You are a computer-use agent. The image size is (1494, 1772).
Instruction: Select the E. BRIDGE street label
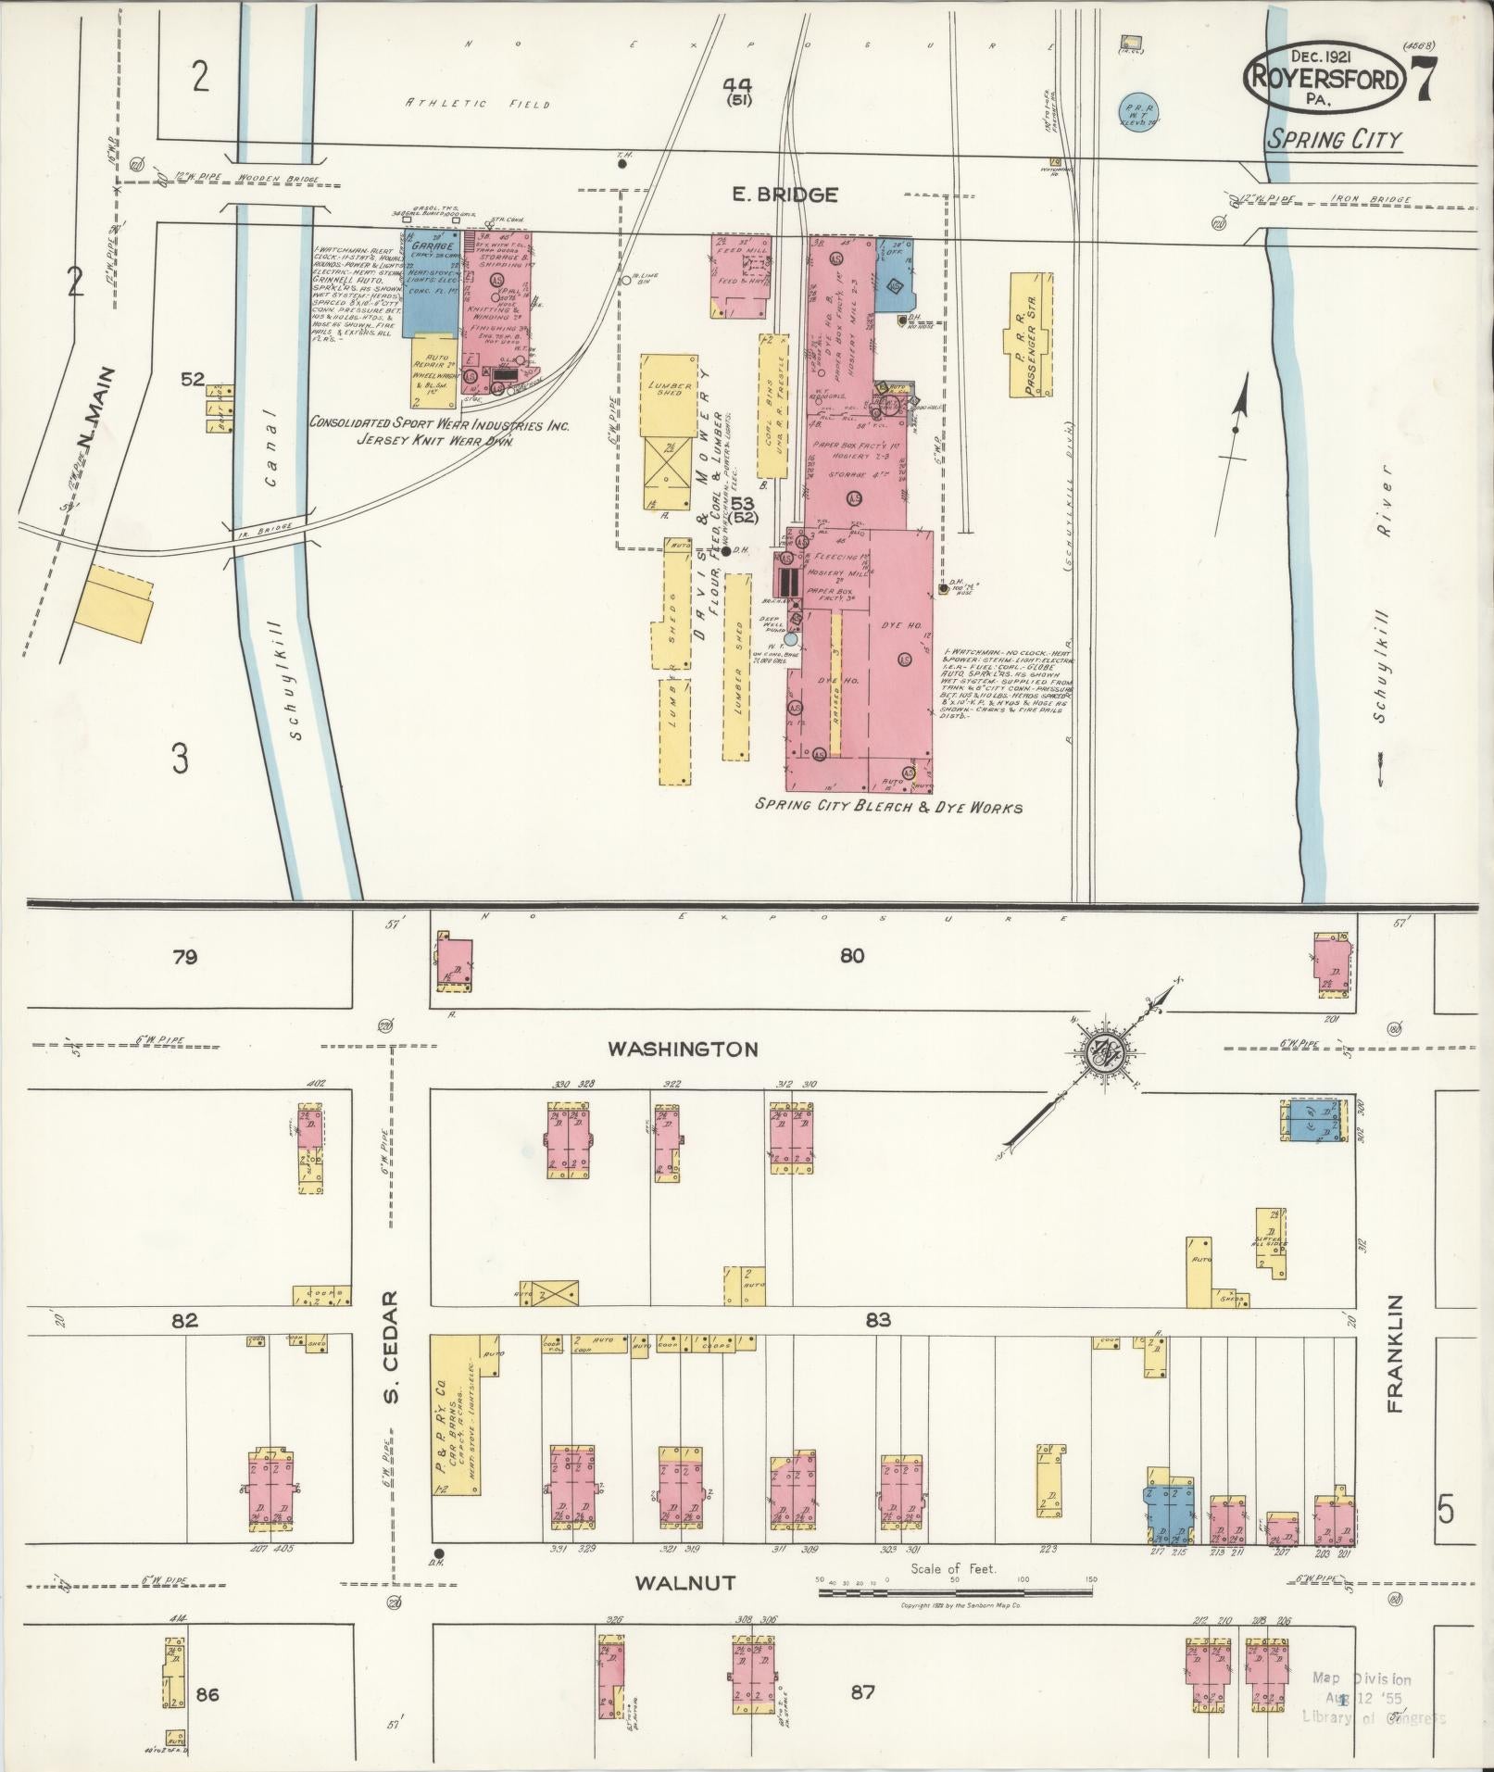point(785,195)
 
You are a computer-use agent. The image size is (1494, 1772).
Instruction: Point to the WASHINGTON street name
point(683,1049)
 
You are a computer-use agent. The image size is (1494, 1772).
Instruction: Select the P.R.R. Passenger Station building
point(1031,336)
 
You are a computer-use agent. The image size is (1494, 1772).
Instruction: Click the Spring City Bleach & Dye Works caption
point(888,807)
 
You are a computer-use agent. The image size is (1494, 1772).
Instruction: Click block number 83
point(877,1319)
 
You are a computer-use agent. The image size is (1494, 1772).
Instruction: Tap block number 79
point(184,957)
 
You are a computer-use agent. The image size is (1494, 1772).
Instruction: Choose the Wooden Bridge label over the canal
point(278,178)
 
